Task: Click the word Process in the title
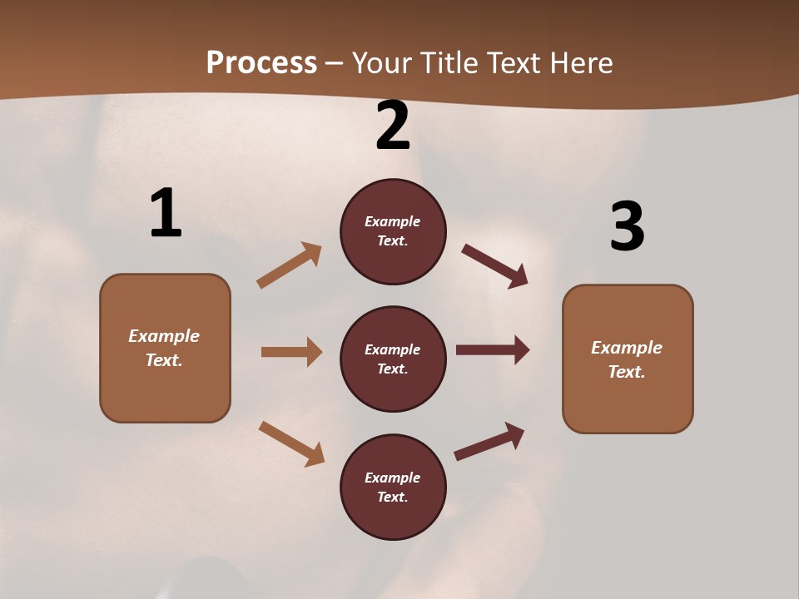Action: point(261,62)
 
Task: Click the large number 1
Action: point(166,213)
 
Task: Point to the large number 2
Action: point(393,126)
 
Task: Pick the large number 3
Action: point(627,226)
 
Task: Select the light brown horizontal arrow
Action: point(291,352)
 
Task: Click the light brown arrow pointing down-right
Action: point(291,443)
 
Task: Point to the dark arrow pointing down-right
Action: point(494,265)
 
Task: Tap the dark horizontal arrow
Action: point(493,350)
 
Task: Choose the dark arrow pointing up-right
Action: point(489,441)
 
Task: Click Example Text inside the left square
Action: point(164,348)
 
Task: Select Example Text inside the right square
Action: point(627,359)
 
